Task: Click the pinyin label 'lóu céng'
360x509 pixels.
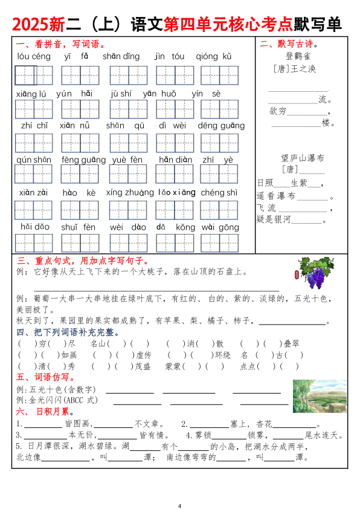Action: [34, 57]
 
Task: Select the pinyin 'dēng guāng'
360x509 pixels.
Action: [221, 126]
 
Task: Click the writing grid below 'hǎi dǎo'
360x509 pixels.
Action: [34, 243]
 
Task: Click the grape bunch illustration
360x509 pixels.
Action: [315, 272]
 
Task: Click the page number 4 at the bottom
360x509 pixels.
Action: [180, 505]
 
